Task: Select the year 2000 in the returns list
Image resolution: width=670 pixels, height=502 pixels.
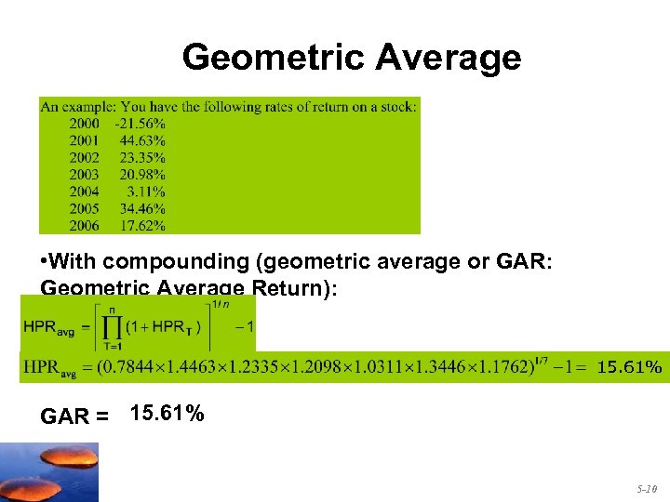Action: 85,123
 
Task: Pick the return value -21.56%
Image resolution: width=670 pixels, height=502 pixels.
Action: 140,123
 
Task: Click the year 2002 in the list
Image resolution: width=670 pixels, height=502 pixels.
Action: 85,157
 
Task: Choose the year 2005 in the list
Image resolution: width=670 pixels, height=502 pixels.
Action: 85,208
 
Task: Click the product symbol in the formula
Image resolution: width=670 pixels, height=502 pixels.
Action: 113,324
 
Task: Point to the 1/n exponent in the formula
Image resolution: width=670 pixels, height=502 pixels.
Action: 221,304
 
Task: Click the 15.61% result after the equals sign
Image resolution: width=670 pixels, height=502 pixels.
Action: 629,368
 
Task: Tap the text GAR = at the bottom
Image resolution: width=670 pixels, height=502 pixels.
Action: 74,416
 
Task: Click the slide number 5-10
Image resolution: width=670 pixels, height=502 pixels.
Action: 646,487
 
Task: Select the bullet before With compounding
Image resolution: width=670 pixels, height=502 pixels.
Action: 45,262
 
